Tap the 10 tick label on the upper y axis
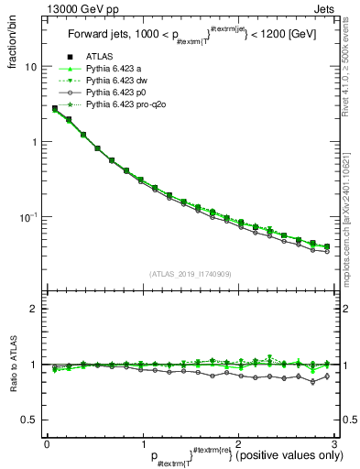tap(31, 67)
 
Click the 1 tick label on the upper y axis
tap(34, 142)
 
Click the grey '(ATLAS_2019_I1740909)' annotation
tap(189, 274)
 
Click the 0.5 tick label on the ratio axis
tap(30, 420)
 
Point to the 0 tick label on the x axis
tap(47, 442)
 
